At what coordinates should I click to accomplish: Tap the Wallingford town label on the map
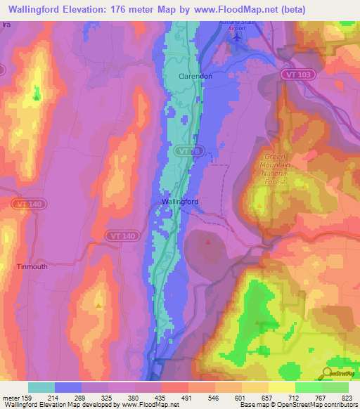(180, 202)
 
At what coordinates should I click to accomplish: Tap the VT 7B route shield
(184, 150)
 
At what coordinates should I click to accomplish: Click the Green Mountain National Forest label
(276, 169)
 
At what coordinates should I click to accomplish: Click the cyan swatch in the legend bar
(41, 387)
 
